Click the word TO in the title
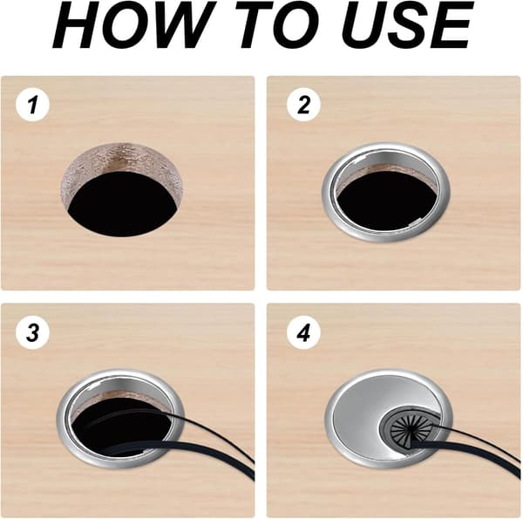coord(282,25)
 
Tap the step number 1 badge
coord(33,105)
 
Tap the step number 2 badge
coord(303,105)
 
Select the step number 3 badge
coord(33,332)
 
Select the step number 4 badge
coord(303,332)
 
